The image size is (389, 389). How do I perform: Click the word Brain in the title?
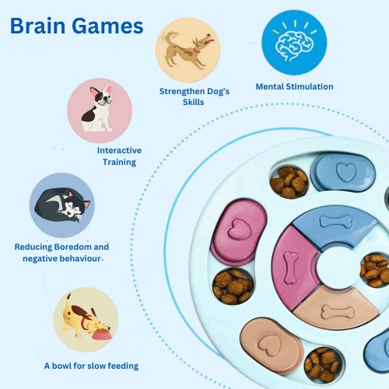click(x=37, y=26)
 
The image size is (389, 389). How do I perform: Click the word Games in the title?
click(x=107, y=26)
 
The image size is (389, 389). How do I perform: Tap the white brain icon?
click(x=294, y=46)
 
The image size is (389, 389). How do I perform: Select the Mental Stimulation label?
click(x=294, y=86)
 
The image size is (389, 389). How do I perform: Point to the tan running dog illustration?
click(x=187, y=50)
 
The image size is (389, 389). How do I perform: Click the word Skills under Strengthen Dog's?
click(x=193, y=102)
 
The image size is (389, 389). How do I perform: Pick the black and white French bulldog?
click(x=99, y=108)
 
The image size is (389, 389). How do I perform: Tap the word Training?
click(x=119, y=162)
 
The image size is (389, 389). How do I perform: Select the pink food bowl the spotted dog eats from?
click(x=103, y=334)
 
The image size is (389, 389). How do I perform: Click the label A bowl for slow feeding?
click(x=91, y=366)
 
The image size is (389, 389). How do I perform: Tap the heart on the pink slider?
click(x=240, y=229)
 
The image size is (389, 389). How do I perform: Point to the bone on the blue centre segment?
click(x=336, y=222)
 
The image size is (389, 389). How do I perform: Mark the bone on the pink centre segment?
click(x=291, y=267)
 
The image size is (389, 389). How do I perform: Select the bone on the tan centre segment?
click(x=338, y=312)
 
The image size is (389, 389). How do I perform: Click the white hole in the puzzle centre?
click(x=338, y=268)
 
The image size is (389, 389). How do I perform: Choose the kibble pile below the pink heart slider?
click(x=233, y=286)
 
